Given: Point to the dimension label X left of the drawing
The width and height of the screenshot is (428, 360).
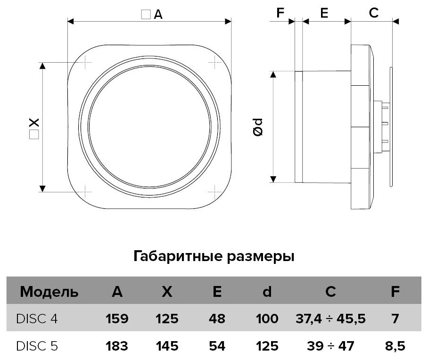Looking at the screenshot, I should click(x=33, y=123).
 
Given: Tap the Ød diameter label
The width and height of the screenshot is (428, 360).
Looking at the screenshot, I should click(x=258, y=127).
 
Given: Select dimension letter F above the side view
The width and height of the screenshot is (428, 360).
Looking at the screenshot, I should click(x=281, y=13).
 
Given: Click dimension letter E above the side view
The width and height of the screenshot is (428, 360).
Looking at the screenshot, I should click(x=324, y=13).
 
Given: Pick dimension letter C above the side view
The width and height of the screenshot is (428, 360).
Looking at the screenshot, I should click(x=373, y=13).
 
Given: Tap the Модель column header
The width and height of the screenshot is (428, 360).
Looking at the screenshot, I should click(x=49, y=292).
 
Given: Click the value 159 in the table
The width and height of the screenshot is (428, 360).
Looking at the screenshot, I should click(x=117, y=319).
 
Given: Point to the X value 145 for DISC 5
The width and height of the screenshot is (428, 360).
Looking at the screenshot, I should click(x=167, y=346).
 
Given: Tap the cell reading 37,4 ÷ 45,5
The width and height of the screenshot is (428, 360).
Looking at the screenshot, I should click(x=330, y=319).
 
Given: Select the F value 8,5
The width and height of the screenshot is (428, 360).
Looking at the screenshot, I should click(x=395, y=346).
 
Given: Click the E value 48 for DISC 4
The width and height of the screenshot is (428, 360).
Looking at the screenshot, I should click(x=217, y=319).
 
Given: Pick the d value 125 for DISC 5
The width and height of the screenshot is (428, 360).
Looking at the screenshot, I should click(x=267, y=346).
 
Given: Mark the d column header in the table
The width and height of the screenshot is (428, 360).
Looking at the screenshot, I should click(x=267, y=292).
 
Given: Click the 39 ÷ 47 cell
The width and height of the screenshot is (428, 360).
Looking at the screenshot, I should click(x=330, y=346).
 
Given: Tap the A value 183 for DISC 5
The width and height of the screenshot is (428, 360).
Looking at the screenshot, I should click(x=117, y=346).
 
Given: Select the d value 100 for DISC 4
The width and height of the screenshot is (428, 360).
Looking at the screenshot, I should click(x=267, y=319).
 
